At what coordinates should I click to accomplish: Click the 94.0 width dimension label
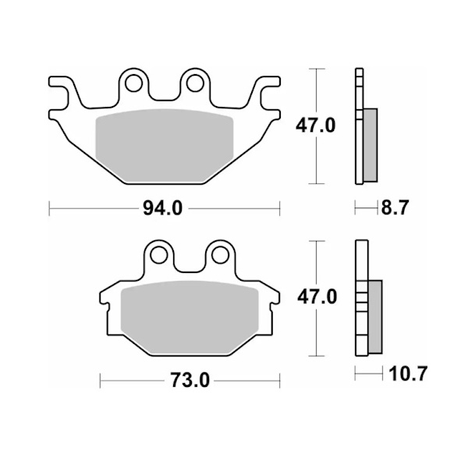click(163, 208)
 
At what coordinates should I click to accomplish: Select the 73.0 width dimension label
click(190, 381)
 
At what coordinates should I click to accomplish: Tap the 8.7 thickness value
click(395, 207)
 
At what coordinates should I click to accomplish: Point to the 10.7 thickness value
click(408, 373)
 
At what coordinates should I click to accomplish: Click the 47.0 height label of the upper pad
click(315, 126)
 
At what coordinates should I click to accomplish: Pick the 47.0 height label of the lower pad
click(317, 296)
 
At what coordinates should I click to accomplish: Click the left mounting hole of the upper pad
click(133, 83)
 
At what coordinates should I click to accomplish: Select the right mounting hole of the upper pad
click(195, 83)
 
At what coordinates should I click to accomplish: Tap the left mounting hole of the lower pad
click(159, 255)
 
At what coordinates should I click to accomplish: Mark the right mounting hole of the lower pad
click(220, 255)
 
